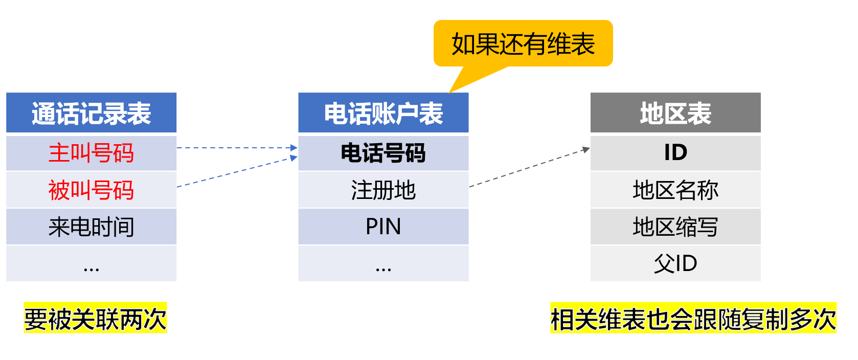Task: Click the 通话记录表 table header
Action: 91,113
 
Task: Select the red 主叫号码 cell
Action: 91,153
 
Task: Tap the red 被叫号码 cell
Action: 91,190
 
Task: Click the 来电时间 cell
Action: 91,227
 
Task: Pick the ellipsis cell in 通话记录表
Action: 91,264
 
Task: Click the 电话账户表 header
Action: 383,113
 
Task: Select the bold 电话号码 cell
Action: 383,153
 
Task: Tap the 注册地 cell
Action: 383,190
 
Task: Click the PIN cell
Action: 383,227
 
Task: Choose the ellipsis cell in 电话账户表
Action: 383,264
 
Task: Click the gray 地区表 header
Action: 675,113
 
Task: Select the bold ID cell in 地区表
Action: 675,153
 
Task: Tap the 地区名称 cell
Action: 675,190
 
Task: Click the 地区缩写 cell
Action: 675,227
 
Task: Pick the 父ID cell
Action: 675,264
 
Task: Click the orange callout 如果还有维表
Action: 523,44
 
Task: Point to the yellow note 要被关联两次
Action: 95,319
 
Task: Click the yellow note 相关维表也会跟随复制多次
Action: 693,319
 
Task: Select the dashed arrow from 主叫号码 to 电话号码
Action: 235,148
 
